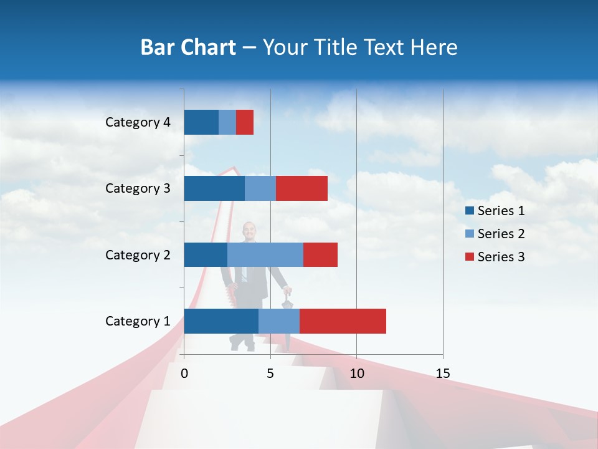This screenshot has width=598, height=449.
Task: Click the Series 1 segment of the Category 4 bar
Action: click(x=201, y=122)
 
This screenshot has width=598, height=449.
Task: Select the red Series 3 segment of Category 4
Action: click(x=245, y=122)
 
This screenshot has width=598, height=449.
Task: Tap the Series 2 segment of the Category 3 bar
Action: click(x=260, y=188)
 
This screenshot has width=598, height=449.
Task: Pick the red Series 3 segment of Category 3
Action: click(x=301, y=188)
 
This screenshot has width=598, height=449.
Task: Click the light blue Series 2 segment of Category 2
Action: click(x=265, y=254)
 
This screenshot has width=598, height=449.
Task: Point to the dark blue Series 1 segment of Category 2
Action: click(x=206, y=254)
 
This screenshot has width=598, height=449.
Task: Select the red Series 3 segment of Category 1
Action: click(x=343, y=321)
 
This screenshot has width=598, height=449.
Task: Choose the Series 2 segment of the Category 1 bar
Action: click(x=279, y=321)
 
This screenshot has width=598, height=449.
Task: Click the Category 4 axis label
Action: click(x=138, y=122)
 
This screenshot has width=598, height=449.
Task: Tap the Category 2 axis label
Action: click(x=138, y=254)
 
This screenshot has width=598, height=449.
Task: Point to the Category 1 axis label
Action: click(x=138, y=321)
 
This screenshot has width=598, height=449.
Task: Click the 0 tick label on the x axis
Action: click(x=184, y=374)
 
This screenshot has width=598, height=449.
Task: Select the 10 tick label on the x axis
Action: click(x=356, y=374)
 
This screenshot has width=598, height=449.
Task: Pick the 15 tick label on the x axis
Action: click(x=442, y=374)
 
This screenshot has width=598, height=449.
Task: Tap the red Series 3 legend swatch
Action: click(x=469, y=257)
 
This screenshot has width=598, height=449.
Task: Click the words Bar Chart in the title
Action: click(x=188, y=47)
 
